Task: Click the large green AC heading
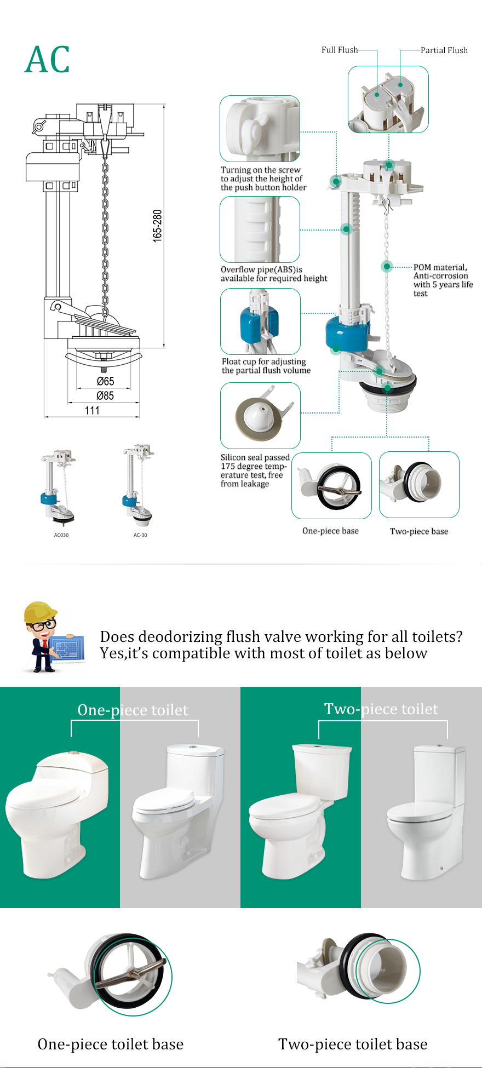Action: (x=48, y=60)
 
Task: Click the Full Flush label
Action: (x=339, y=50)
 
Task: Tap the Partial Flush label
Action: (x=444, y=50)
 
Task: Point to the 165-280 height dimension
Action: (x=158, y=226)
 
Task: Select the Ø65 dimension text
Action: (x=105, y=381)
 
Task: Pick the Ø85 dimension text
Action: (x=105, y=395)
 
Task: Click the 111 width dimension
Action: (x=92, y=410)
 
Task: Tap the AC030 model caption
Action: (x=61, y=535)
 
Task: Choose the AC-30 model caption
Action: (x=140, y=535)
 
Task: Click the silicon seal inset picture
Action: (x=260, y=415)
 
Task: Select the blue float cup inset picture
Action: (x=260, y=321)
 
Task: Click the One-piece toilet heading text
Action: (x=133, y=710)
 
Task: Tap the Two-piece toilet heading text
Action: (x=381, y=709)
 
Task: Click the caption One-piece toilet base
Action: (x=111, y=1044)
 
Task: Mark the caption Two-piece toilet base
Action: (x=353, y=1044)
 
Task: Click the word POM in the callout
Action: (x=422, y=267)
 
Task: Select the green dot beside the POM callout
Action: (x=387, y=267)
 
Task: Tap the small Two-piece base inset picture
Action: (x=419, y=484)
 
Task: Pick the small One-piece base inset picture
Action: (x=331, y=485)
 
